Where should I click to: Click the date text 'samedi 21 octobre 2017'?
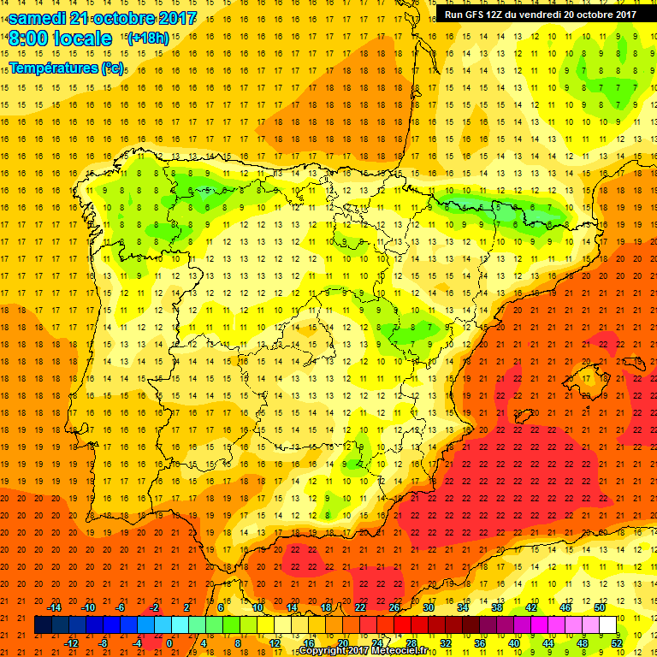point(102,17)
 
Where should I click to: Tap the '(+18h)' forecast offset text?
point(148,38)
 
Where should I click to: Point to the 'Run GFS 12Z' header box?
point(540,14)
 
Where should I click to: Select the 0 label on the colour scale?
point(169,643)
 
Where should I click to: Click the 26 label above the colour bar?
point(394,607)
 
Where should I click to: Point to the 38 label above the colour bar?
point(496,607)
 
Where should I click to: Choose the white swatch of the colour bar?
point(608,625)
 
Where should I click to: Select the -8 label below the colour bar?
point(103,643)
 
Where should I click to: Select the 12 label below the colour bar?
point(275,643)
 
